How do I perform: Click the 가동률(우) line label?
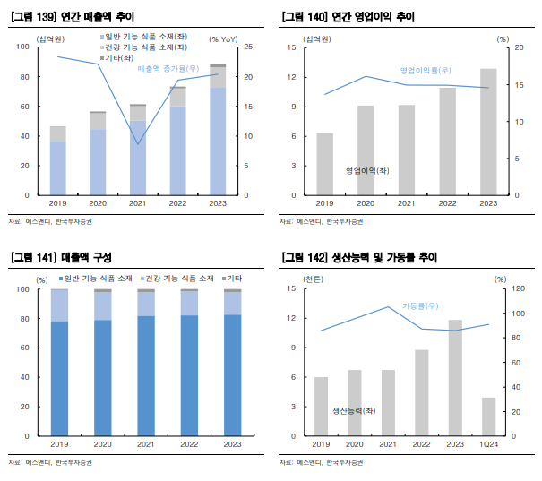420,305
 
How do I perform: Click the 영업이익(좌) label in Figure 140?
367,170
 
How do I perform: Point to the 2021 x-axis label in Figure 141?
146,443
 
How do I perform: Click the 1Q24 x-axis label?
488,443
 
